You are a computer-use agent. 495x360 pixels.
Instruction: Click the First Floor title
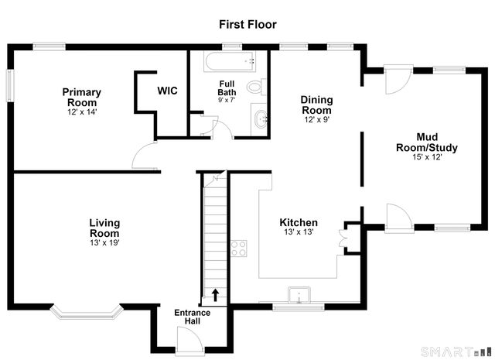coord(247,24)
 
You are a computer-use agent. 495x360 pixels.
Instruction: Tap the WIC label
coord(167,91)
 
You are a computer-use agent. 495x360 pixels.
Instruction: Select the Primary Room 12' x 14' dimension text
coord(82,112)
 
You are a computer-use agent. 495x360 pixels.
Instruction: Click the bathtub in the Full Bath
coord(230,61)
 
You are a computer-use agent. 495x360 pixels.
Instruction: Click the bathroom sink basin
coord(261,119)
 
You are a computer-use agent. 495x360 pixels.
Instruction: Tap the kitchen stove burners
coord(239,249)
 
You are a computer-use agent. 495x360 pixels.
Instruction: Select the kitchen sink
coord(299,295)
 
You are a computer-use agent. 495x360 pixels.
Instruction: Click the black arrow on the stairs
coord(215,295)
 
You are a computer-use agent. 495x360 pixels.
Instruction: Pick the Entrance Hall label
coord(193,317)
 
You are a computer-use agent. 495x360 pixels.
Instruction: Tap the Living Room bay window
coord(86,311)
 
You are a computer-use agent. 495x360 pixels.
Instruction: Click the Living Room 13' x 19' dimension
coord(104,243)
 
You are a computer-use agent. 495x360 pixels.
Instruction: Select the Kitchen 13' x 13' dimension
coord(299,232)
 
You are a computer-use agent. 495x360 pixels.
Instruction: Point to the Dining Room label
coord(316,105)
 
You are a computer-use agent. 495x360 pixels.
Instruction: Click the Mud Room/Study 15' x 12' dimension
coord(427,157)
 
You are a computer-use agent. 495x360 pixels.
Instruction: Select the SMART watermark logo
coord(456,351)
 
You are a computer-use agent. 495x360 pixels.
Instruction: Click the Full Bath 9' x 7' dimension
coord(227,100)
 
